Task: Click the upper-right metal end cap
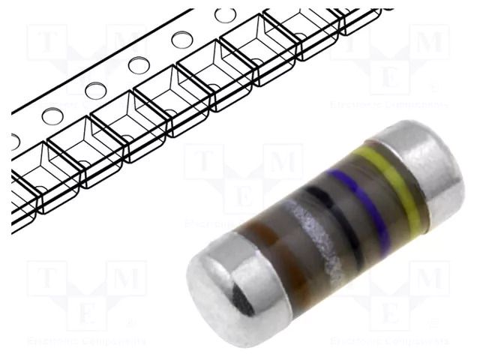[424, 161]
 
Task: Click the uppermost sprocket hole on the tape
[224, 15]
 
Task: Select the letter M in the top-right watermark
[430, 42]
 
